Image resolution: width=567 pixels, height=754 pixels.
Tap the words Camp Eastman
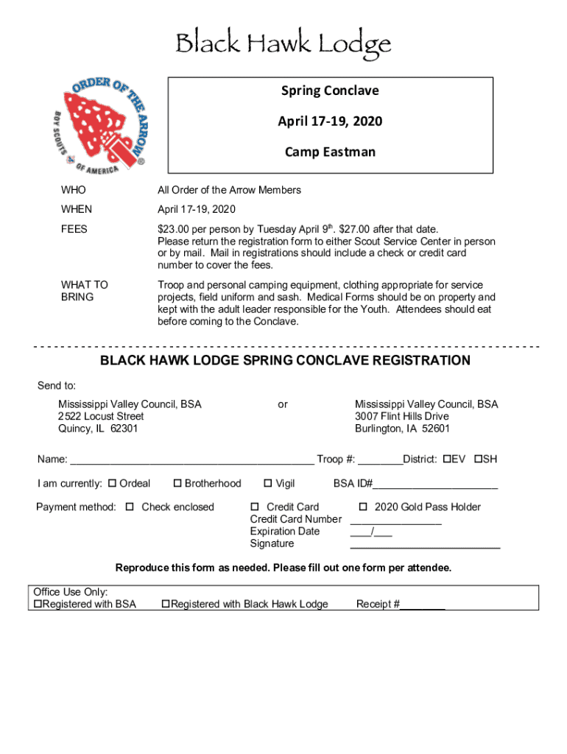click(330, 152)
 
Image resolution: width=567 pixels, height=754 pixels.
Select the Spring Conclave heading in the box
click(330, 91)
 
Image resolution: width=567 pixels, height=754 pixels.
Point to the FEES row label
click(74, 229)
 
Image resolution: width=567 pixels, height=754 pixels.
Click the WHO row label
click(73, 190)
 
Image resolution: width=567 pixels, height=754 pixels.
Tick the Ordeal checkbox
click(113, 484)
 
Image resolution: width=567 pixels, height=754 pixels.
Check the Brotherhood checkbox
click(177, 484)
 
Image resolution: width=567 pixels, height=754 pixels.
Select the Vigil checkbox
click(268, 484)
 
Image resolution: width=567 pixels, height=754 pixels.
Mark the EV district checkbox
click(446, 459)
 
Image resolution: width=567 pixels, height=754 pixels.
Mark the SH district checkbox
click(478, 459)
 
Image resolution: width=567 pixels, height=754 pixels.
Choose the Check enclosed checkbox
click(130, 507)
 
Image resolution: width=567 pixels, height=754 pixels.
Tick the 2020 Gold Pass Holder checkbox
click(363, 507)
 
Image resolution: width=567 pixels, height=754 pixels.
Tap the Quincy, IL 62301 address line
click(98, 429)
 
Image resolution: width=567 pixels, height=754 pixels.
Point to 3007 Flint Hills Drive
click(401, 417)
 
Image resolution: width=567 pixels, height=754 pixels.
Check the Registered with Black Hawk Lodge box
click(166, 605)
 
